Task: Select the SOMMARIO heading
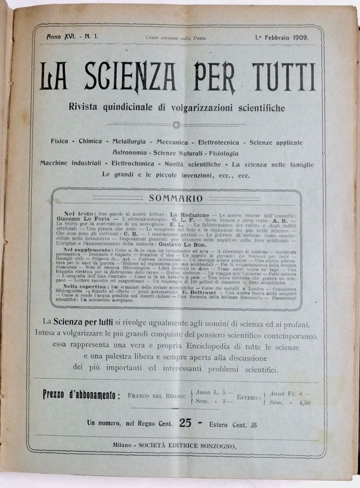click(180, 198)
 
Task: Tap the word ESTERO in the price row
click(241, 395)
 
